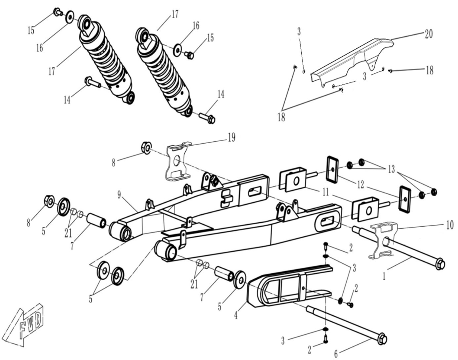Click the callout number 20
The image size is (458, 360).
(x=429, y=34)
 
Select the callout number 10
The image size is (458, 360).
(x=450, y=225)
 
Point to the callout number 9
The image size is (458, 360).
(x=119, y=195)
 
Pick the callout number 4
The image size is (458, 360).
(x=236, y=316)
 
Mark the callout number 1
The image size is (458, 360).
(x=384, y=276)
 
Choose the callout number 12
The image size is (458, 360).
(x=361, y=185)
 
